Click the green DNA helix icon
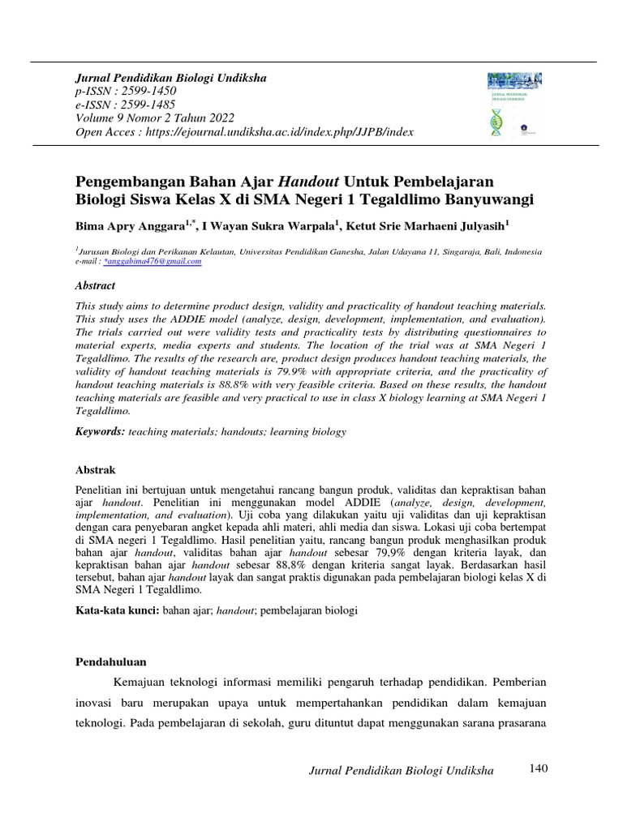496,122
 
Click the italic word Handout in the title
311,180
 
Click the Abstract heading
95,285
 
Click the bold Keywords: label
100,432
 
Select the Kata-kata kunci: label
116,609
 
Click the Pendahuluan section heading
110,662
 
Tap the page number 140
539,768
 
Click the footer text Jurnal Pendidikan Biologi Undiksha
402,771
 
